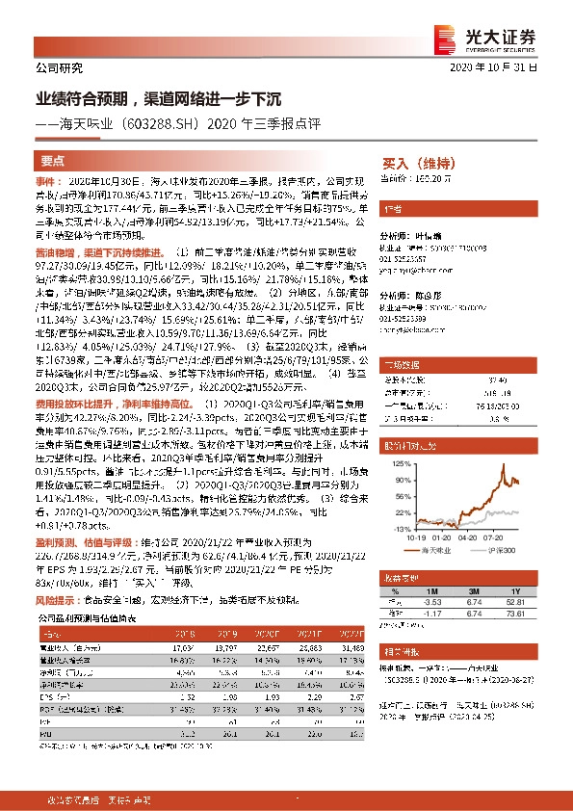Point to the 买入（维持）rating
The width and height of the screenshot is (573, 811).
[x=417, y=163]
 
